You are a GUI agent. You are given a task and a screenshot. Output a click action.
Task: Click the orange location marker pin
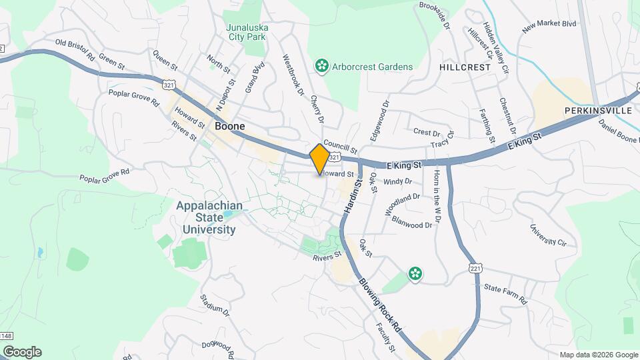click(320, 159)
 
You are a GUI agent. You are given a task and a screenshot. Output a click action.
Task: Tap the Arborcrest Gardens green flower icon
click(322, 66)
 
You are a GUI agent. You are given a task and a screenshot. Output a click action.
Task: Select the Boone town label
click(229, 126)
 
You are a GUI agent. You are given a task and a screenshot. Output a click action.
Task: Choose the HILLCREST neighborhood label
click(465, 67)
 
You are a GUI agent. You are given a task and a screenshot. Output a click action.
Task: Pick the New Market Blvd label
click(549, 25)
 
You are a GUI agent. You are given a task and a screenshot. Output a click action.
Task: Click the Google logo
click(22, 352)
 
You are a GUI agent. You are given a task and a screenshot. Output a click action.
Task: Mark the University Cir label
click(547, 234)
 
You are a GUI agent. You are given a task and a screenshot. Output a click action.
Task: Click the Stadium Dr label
click(213, 304)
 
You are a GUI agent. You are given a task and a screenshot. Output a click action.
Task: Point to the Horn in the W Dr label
click(437, 209)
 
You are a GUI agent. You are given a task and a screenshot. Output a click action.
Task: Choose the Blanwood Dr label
click(412, 222)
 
